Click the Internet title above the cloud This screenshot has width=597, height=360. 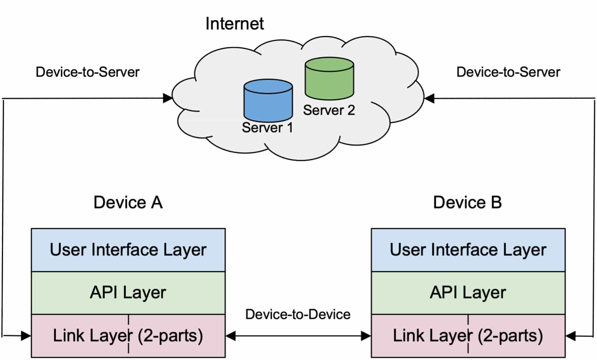[234, 23]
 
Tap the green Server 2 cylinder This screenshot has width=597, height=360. [329, 79]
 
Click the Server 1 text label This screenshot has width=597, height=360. [267, 128]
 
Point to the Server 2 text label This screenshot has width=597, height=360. [329, 110]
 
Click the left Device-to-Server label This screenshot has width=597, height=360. [88, 72]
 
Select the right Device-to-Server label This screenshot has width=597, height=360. [508, 72]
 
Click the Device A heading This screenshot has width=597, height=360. [128, 202]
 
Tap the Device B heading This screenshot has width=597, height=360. [467, 202]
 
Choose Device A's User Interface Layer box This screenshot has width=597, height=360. [128, 250]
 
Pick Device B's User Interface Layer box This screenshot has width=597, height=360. [468, 250]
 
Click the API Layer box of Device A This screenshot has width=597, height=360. [128, 293]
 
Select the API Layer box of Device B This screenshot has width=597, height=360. [468, 293]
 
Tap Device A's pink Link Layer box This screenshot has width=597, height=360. [128, 336]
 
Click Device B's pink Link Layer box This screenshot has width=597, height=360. [468, 336]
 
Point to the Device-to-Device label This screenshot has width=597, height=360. [298, 314]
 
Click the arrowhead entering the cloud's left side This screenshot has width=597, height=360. [167, 98]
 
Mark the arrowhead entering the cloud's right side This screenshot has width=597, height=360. [429, 98]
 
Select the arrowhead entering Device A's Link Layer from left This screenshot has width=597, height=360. [26, 335]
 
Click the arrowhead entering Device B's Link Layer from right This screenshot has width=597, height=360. [571, 335]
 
